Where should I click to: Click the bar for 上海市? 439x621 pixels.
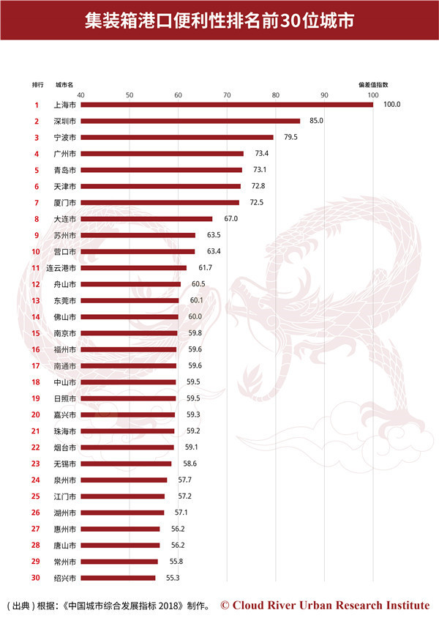226,105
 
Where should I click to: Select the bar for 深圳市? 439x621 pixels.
190,121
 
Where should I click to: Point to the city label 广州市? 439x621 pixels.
66,154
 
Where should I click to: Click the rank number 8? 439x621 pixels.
36,219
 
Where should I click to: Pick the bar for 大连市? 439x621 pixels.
146,219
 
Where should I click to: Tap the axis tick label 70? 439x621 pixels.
227,95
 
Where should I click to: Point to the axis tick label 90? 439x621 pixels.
324,95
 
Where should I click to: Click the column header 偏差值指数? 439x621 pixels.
372,84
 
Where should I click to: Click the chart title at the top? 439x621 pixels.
219,21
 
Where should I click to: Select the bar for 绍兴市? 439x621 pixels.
117,578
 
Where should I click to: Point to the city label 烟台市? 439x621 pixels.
66,447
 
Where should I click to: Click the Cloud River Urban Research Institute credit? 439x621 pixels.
325,605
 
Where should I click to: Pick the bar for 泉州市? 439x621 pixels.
123,480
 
